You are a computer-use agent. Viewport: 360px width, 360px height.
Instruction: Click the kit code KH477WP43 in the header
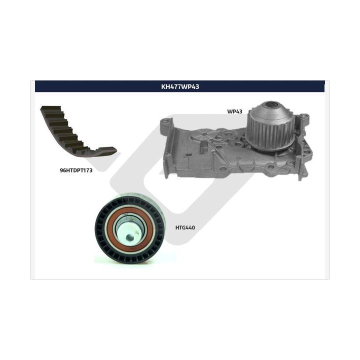tap(180, 86)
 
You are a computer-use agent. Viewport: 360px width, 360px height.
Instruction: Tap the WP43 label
tap(234, 111)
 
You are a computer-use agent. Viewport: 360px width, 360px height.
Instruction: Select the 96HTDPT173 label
tap(76, 170)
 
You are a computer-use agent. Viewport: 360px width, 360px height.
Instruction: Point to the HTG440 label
tap(185, 227)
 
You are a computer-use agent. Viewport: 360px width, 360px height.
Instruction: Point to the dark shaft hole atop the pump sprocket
tap(272, 105)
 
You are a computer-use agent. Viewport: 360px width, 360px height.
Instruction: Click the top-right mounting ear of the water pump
tap(303, 117)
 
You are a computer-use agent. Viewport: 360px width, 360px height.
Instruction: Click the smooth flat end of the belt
tap(107, 150)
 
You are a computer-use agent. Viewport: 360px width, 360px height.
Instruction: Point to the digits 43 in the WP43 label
tap(239, 111)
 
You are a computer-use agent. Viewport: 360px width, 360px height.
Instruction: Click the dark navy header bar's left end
tap(35, 86)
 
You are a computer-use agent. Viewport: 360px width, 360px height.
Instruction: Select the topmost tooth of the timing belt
tap(51, 108)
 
